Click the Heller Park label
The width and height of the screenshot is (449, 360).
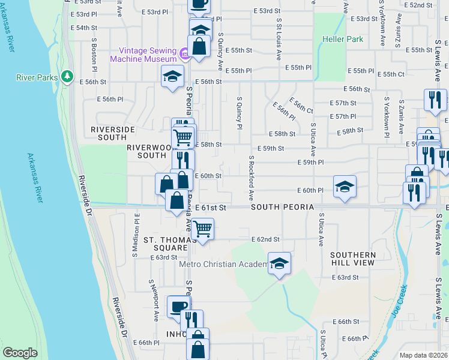tap(343, 39)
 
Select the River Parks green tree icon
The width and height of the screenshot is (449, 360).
tap(68, 77)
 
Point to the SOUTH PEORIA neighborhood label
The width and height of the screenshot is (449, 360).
tap(283, 206)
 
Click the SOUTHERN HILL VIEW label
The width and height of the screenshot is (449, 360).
tap(353, 259)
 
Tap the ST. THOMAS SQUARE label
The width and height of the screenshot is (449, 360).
tap(165, 244)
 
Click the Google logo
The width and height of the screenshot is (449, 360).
tap(20, 353)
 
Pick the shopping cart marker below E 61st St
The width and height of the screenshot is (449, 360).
tap(203, 229)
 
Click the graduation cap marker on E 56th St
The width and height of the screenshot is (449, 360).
tap(172, 76)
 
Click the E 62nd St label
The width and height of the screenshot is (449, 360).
tap(266, 239)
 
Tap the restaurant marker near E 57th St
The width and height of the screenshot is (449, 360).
tap(435, 100)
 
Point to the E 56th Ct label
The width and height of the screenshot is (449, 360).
tap(301, 106)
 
